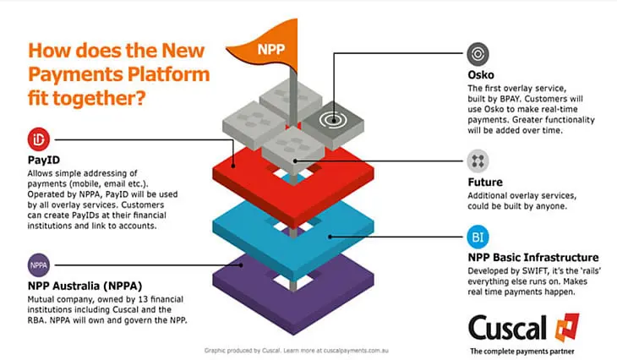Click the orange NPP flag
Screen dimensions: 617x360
click(x=268, y=47)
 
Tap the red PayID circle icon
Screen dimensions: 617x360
click(x=39, y=139)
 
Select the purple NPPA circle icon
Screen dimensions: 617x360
click(x=39, y=265)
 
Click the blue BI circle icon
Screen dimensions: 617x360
click(x=478, y=237)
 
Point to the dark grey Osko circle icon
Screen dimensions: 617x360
click(x=478, y=53)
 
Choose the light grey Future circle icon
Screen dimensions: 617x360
click(x=478, y=161)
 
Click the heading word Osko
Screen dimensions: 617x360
click(x=481, y=74)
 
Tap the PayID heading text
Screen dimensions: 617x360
click(x=44, y=160)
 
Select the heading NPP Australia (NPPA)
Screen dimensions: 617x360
click(x=85, y=286)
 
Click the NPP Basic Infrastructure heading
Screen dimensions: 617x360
click(x=533, y=257)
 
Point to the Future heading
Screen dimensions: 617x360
click(x=485, y=183)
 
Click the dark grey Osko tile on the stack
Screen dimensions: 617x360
click(x=333, y=124)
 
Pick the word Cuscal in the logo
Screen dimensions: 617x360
click(x=508, y=327)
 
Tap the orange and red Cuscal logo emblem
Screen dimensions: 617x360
click(x=567, y=327)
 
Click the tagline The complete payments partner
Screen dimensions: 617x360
click(x=522, y=352)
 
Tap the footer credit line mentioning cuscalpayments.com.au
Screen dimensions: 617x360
click(x=297, y=350)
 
